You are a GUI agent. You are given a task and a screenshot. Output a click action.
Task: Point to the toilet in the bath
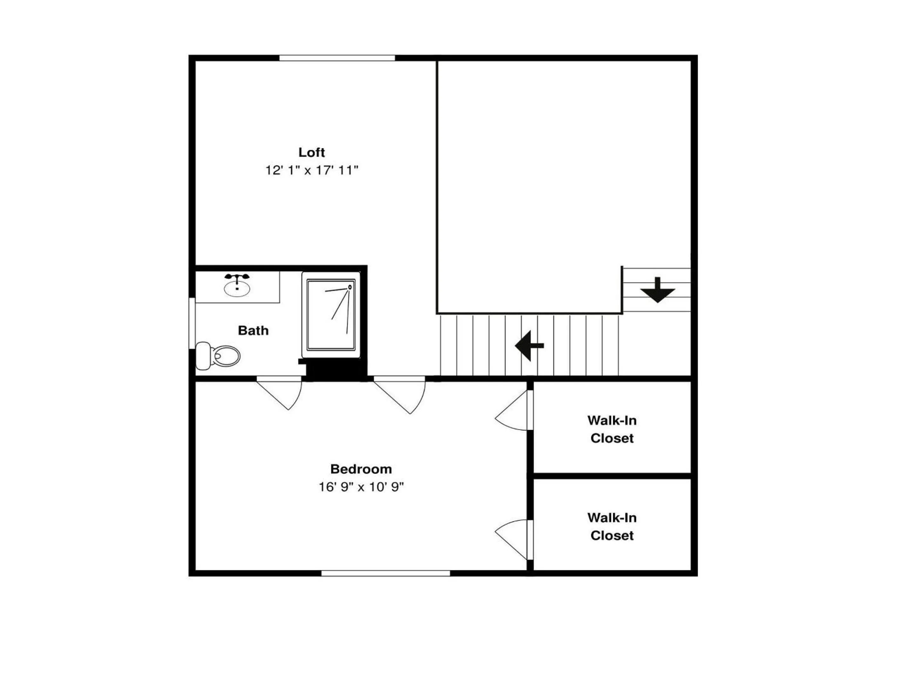[x=218, y=356]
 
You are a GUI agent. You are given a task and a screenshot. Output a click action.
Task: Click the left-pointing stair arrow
[x=529, y=346]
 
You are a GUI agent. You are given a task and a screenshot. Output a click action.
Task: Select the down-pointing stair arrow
[x=658, y=290]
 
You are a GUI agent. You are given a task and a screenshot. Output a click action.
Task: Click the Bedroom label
[x=361, y=469]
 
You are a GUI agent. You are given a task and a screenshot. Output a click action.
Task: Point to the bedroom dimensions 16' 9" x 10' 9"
[x=361, y=487]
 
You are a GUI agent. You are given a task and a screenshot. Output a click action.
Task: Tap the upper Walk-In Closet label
[x=612, y=429]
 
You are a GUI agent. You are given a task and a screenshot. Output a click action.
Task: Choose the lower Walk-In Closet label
[x=612, y=526]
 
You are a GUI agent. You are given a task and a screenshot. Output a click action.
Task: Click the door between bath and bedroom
[x=280, y=393]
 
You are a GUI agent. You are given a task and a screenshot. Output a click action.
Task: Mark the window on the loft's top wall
[x=337, y=58]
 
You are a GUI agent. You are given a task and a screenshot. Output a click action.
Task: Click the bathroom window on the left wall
[x=192, y=323]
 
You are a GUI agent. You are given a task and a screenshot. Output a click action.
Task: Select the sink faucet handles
[x=237, y=277]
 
